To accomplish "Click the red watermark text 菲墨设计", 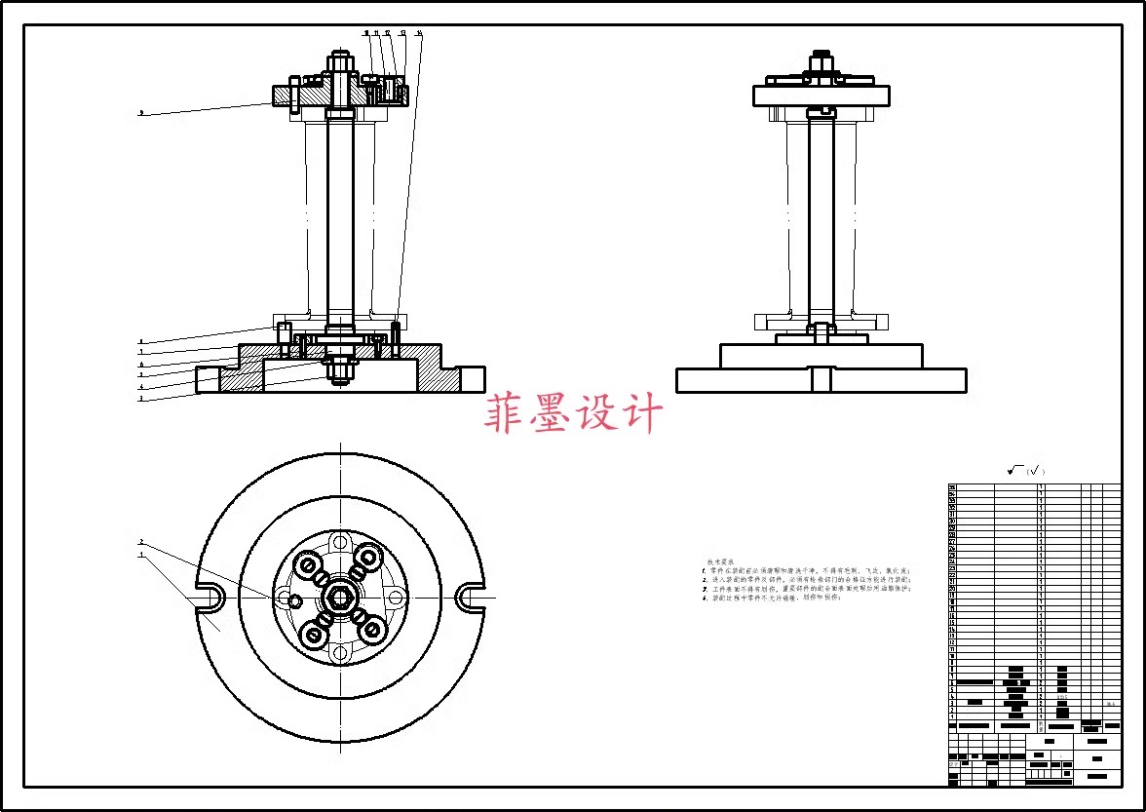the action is [x=573, y=414].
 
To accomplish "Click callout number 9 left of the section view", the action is [x=141, y=113].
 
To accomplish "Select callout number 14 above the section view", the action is [x=419, y=33].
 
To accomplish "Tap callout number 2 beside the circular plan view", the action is [x=141, y=542].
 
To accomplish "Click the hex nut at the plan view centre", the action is [x=340, y=597].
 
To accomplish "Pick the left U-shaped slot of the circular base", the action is [x=210, y=597].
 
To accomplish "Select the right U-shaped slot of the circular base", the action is [x=470, y=597].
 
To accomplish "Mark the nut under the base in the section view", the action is [x=340, y=369].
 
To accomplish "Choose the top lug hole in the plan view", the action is [x=340, y=542].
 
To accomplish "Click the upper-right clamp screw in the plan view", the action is [x=369, y=559].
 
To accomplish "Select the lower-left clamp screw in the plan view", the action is [x=313, y=636].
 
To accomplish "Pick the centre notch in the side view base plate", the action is [x=821, y=379].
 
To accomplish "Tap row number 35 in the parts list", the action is [x=952, y=486].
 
